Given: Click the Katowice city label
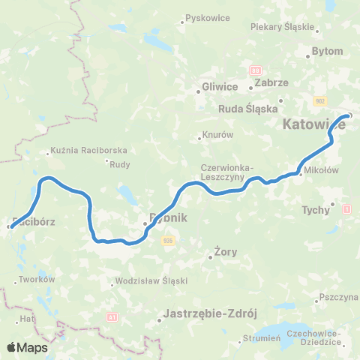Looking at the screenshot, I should [x=314, y=125].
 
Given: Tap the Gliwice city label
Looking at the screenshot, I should [x=220, y=87].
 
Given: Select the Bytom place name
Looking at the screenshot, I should [x=326, y=52].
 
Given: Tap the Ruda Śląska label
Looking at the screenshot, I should [x=247, y=108].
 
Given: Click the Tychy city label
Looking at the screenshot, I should [x=315, y=210].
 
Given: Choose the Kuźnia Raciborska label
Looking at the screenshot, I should [x=88, y=150].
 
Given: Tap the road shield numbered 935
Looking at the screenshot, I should [x=168, y=240].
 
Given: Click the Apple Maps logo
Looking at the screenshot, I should [x=27, y=347].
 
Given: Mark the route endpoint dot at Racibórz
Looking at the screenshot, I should [x=9, y=226].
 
